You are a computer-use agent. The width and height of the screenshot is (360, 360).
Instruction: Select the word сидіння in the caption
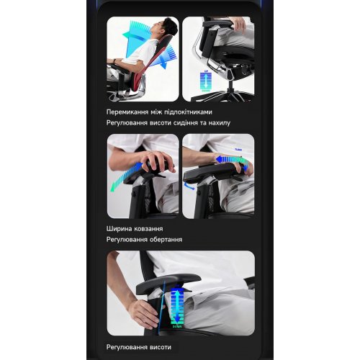186,123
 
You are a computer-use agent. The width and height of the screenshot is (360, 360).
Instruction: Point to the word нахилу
220,123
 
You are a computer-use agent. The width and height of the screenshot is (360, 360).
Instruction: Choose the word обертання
166,240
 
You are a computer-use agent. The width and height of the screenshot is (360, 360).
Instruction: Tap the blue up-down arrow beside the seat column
206,81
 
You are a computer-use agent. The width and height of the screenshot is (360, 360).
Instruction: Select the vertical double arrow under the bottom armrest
177,307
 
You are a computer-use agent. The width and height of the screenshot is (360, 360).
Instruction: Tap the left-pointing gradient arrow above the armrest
233,160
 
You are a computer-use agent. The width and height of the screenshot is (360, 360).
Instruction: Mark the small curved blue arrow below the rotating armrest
189,186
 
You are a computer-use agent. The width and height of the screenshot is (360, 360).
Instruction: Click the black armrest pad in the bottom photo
168,283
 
